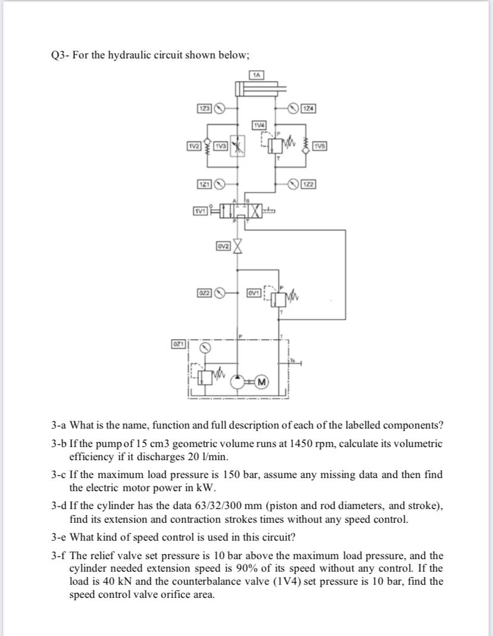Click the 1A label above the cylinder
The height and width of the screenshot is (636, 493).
(x=257, y=75)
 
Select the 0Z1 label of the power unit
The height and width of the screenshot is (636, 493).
(x=177, y=345)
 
